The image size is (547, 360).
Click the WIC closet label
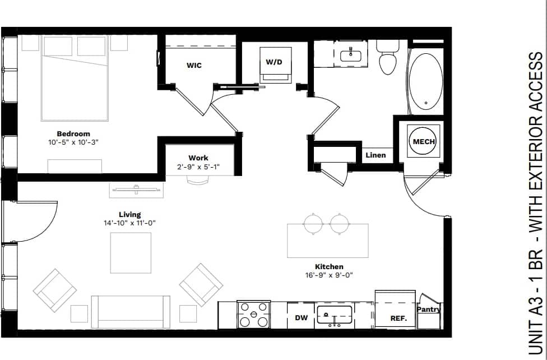coord(194,66)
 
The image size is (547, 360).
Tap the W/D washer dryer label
coord(274,62)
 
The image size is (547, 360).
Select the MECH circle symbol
coord(424,142)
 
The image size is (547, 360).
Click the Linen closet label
coord(376,155)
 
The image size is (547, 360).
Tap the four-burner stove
coord(254,315)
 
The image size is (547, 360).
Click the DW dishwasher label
coord(301,318)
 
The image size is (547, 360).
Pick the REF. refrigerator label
coord(398,318)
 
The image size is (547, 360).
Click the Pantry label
coord(429,309)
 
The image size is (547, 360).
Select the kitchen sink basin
coord(334,316)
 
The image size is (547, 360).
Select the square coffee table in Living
coord(131,252)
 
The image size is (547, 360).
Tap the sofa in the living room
coord(131,311)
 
